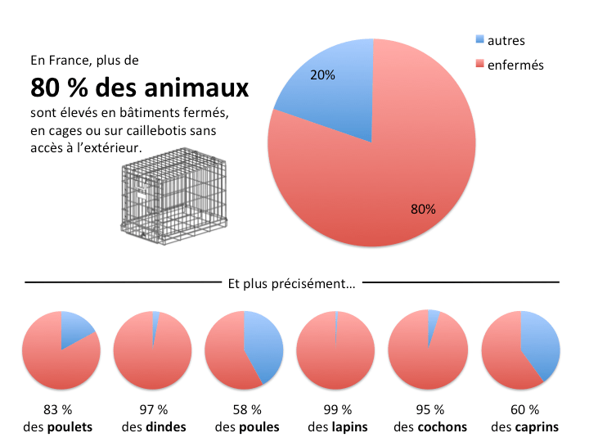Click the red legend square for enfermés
[479, 64]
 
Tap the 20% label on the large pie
[322, 74]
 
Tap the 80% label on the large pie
[423, 209]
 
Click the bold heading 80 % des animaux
[140, 87]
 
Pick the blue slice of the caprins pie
[540, 342]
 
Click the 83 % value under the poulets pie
[61, 409]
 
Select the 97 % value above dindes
[153, 409]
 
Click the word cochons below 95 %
[442, 427]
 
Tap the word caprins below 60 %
[537, 427]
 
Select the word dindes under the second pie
[166, 427]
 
